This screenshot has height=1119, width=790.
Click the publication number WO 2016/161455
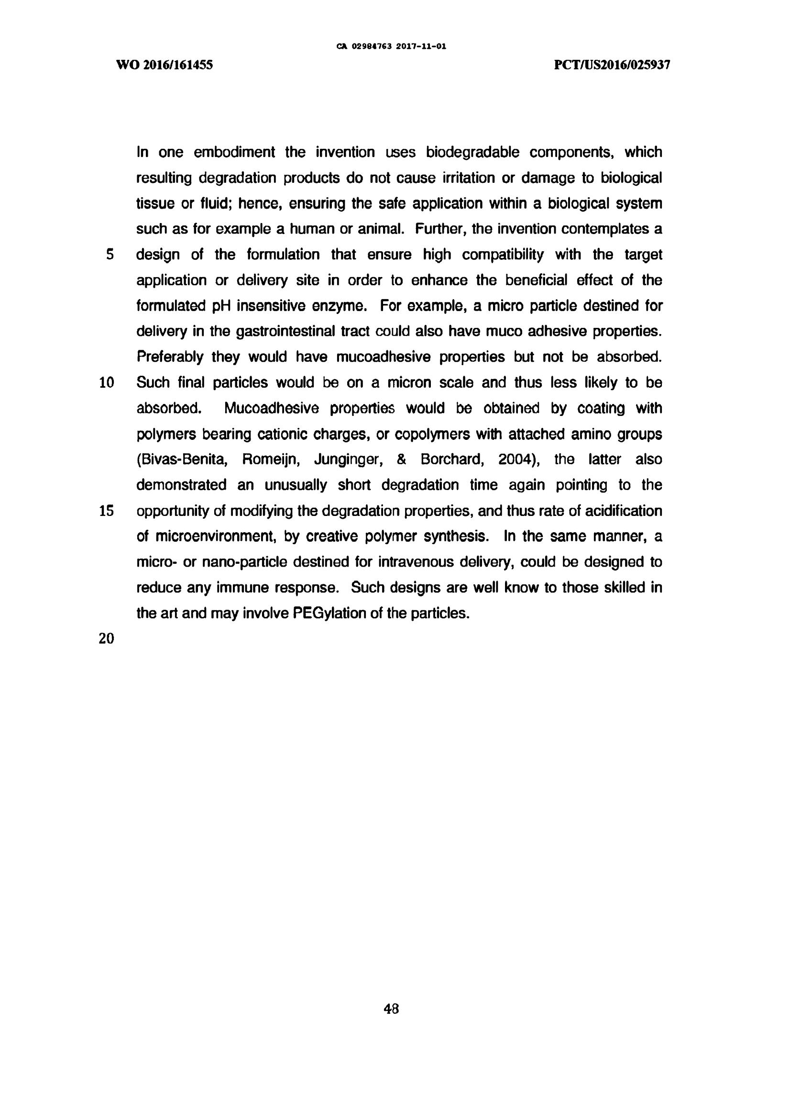pos(164,65)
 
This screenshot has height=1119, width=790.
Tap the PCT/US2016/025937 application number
pos(612,65)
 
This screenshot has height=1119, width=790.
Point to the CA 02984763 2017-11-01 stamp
pos(392,47)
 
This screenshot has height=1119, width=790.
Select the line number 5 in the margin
pos(110,255)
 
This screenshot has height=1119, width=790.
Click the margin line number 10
pos(107,383)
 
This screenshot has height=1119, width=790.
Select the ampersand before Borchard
pos(401,459)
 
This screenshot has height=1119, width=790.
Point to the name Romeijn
pos(269,459)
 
